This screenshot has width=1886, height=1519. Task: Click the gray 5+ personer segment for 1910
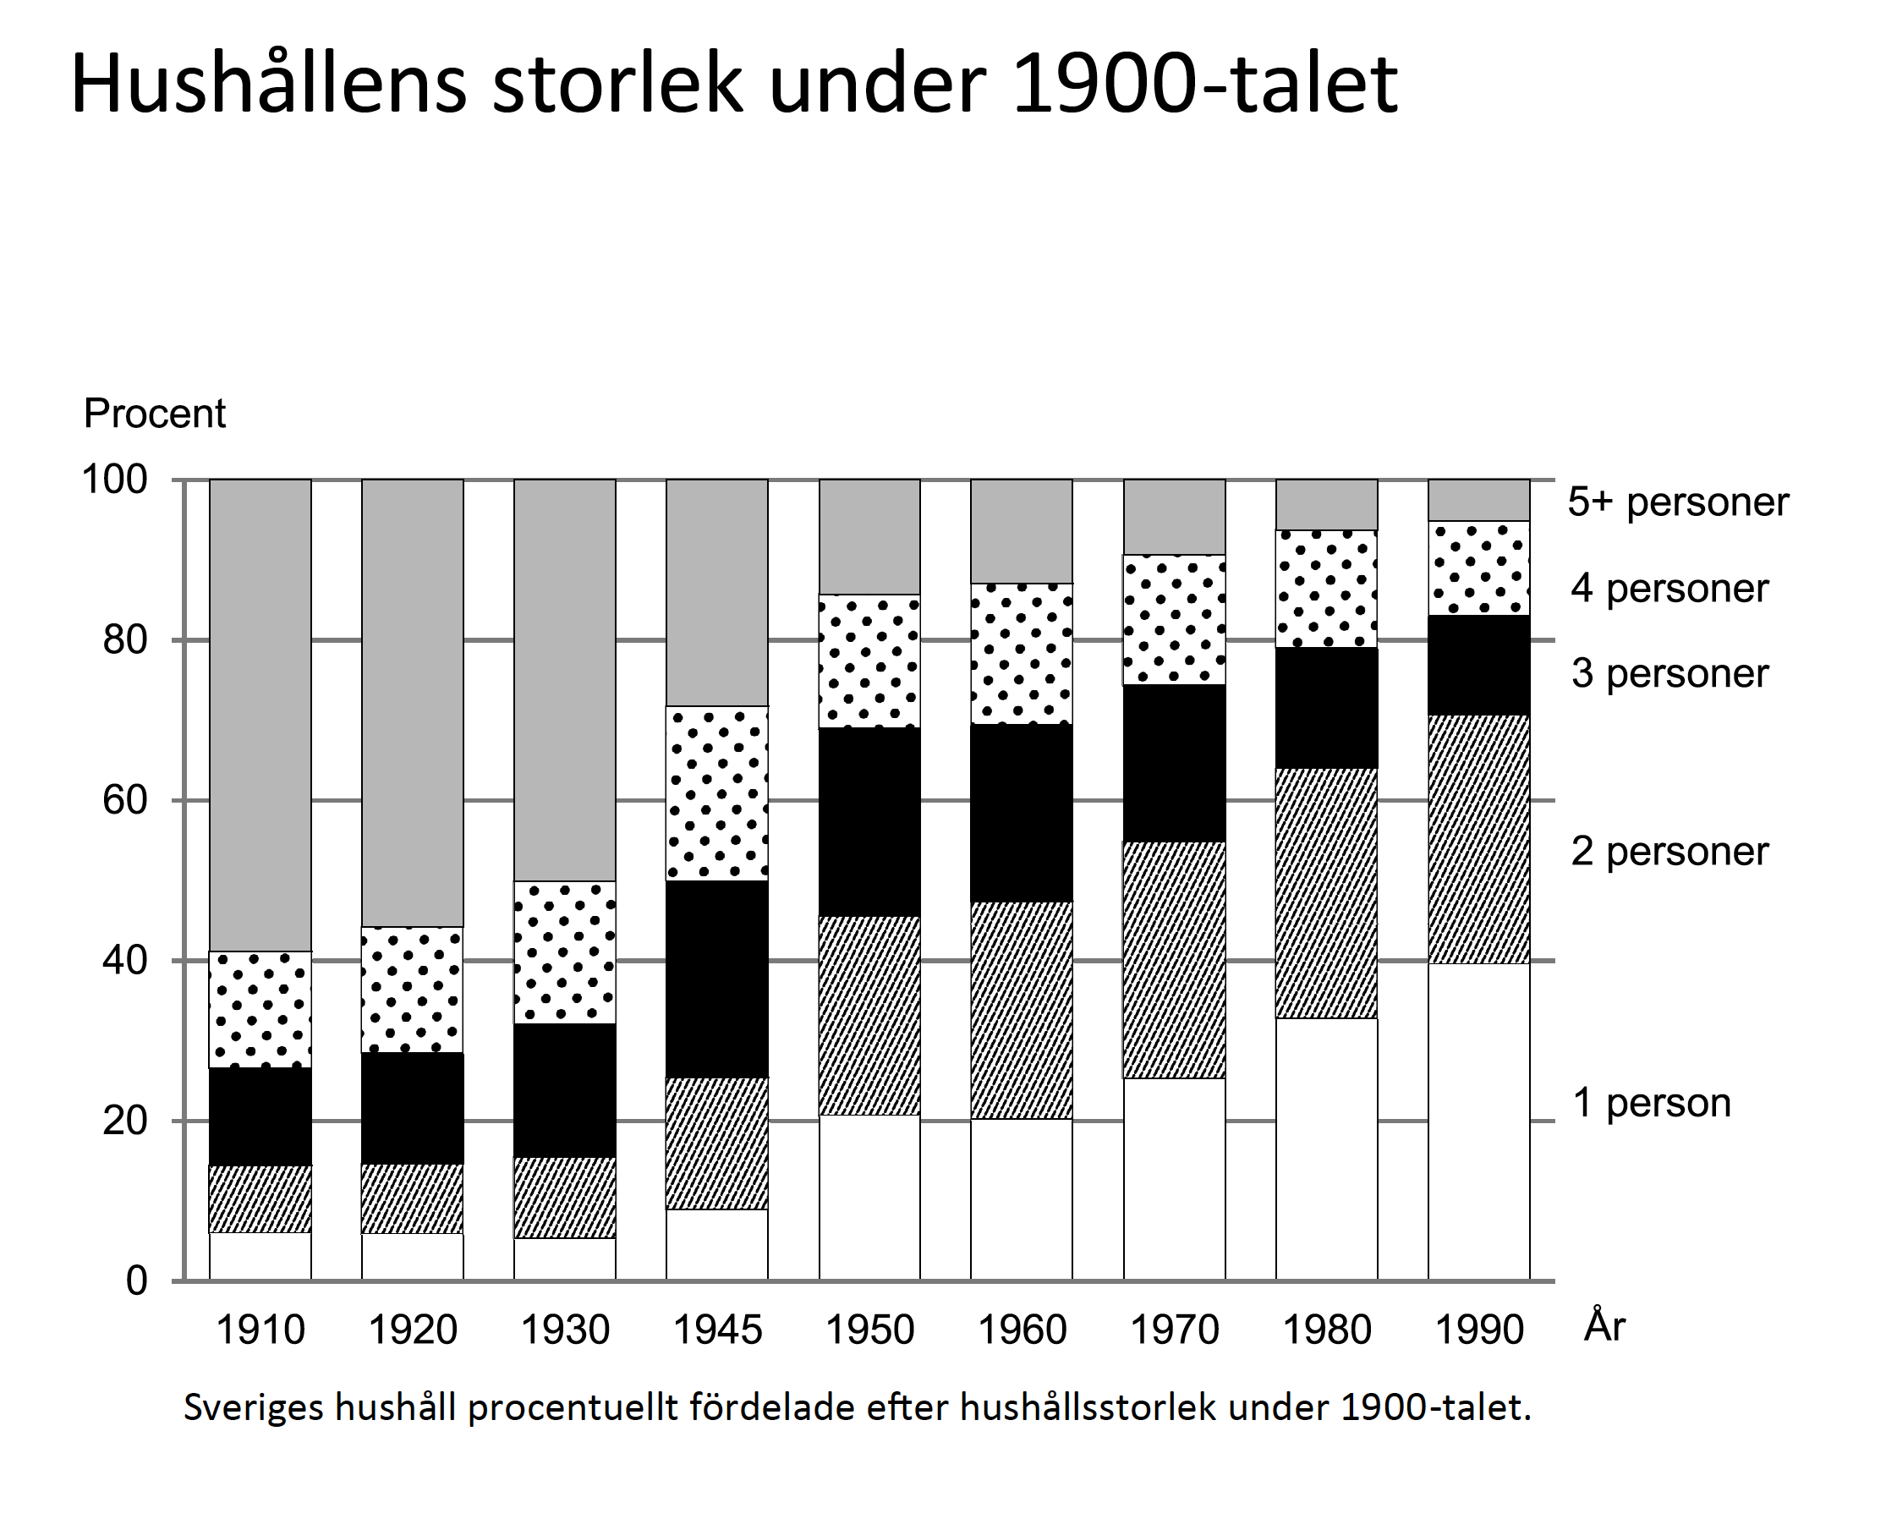click(260, 714)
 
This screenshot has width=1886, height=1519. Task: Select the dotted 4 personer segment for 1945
click(716, 792)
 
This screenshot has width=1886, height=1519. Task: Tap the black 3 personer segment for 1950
click(869, 821)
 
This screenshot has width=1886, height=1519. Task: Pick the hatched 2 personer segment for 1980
click(1326, 892)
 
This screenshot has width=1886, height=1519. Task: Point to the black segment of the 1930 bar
click(564, 1090)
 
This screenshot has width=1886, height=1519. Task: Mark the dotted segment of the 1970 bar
click(1174, 619)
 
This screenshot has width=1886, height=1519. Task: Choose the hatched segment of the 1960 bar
click(1021, 1010)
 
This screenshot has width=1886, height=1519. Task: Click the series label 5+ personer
click(1677, 502)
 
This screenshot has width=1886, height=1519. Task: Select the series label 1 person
click(1651, 1103)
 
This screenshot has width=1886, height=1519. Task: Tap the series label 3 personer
click(1669, 674)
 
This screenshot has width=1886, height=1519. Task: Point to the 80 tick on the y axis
click(124, 640)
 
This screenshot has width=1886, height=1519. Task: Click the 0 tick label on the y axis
click(136, 1281)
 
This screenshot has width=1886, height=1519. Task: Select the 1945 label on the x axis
click(717, 1330)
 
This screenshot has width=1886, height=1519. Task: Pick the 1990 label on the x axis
click(1479, 1330)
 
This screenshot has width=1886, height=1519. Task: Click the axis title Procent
click(155, 413)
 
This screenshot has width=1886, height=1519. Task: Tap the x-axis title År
click(1604, 1326)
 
